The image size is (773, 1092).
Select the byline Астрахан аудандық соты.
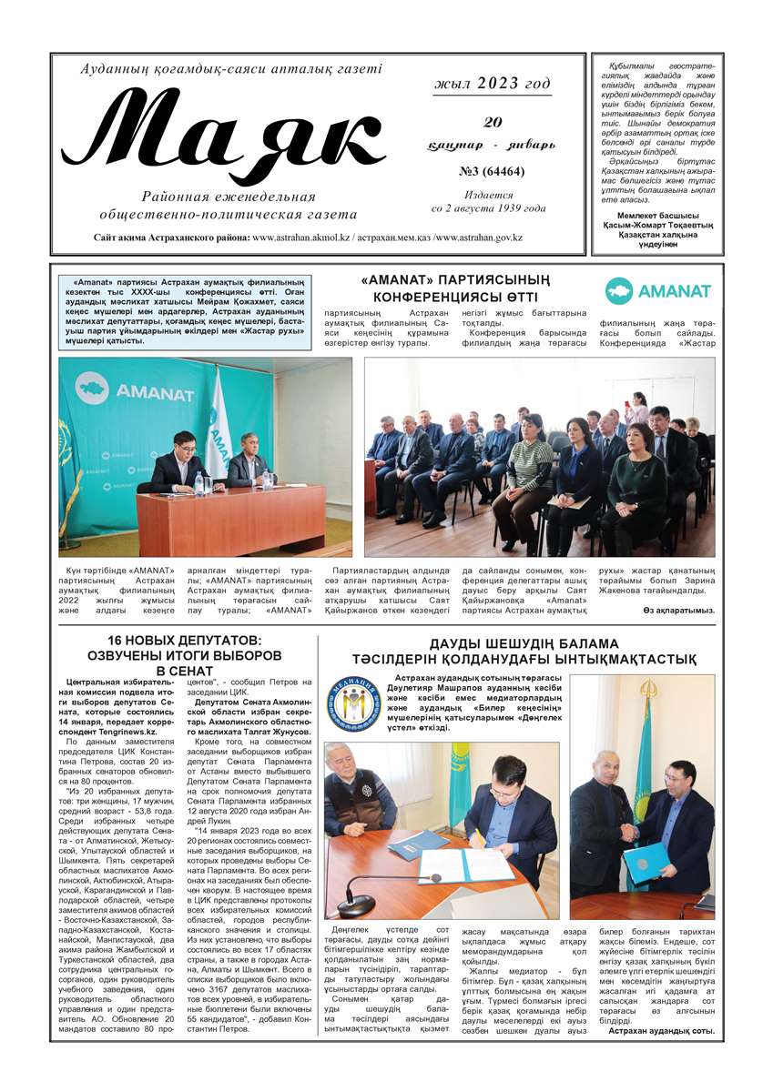(661, 1030)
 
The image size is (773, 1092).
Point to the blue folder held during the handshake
(646, 858)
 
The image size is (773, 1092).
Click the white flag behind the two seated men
(216, 428)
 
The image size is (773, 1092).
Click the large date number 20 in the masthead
(493, 121)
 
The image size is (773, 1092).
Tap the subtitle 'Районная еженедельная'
(229, 197)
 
